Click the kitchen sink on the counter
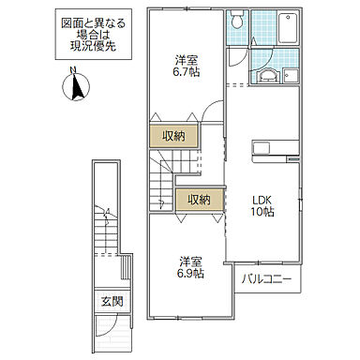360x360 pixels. click(x=261, y=148)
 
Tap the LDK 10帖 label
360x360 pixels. click(x=262, y=205)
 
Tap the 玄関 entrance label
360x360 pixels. click(x=112, y=301)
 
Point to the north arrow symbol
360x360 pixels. click(x=73, y=90)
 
